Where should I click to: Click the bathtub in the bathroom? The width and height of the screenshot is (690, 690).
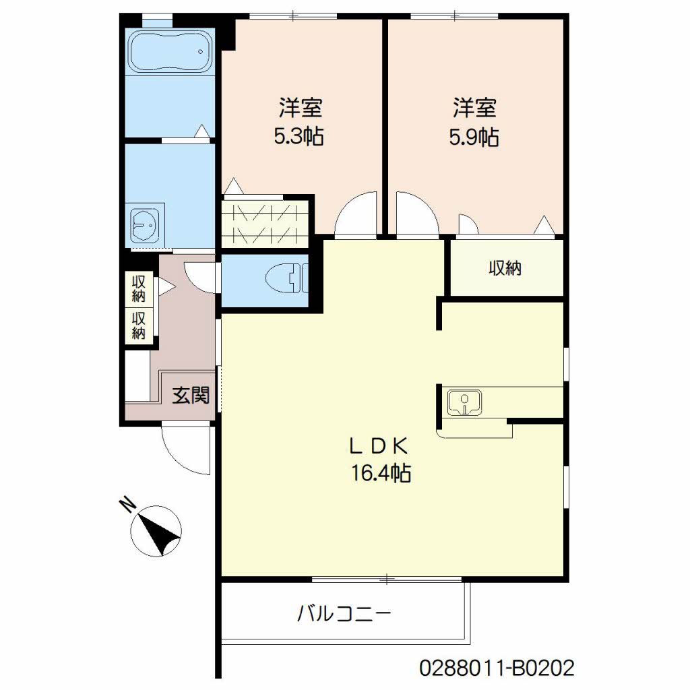click(x=170, y=51)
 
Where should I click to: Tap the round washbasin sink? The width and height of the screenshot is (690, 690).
click(x=146, y=224)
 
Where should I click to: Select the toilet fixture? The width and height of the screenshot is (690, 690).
click(x=287, y=279)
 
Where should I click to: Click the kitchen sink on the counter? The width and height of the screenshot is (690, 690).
click(x=464, y=402)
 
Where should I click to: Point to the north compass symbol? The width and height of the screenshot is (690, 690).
click(x=156, y=532)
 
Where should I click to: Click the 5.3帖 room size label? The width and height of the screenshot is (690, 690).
click(x=300, y=137)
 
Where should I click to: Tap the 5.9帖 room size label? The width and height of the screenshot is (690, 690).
click(x=474, y=137)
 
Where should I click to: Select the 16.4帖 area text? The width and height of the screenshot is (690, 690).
click(x=381, y=474)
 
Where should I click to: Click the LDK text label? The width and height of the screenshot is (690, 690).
click(x=379, y=447)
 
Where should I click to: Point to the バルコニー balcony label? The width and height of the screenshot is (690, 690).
click(x=344, y=613)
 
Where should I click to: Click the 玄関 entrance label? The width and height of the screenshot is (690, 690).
click(x=191, y=395)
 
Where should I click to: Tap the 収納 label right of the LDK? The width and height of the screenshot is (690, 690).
click(x=505, y=268)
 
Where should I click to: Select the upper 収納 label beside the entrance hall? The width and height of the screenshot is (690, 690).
click(x=139, y=288)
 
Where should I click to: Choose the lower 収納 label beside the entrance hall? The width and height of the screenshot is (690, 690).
click(x=139, y=325)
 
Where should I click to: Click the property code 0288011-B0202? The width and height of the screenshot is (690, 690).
click(x=497, y=668)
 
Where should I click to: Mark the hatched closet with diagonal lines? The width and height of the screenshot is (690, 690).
click(x=264, y=223)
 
